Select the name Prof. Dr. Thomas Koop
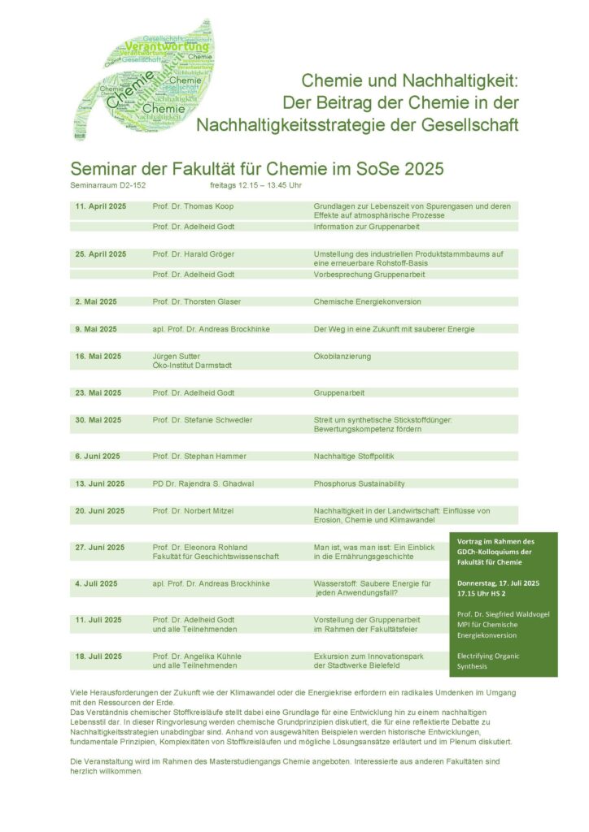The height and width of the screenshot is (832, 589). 193,206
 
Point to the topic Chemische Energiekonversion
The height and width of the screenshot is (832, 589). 367,301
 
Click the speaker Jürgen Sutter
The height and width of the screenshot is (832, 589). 177,356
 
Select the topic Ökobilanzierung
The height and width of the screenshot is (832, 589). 342,356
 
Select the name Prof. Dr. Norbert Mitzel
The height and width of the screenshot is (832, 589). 194,511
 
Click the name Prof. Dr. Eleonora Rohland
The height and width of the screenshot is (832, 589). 200,547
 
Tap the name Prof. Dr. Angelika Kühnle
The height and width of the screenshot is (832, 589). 197,656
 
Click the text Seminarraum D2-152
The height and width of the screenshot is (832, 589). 108,185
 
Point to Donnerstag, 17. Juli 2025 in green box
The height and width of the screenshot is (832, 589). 504,583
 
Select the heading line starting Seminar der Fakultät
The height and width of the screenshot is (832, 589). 257,169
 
